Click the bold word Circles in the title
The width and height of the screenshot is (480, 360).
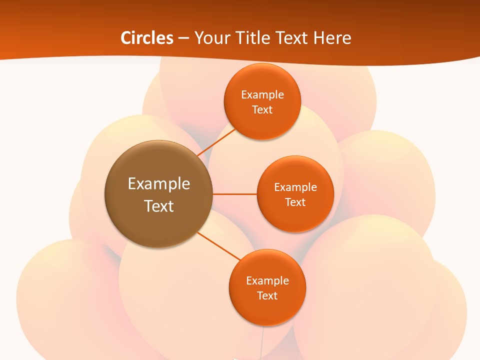point(146,38)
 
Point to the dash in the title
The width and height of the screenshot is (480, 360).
point(183,38)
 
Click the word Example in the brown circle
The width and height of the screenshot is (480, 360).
point(159,184)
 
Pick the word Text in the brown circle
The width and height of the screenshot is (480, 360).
point(159,206)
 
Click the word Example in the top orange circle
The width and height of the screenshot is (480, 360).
point(262,95)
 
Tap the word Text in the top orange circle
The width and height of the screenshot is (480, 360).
point(262,110)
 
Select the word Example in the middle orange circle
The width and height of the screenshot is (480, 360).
point(295,187)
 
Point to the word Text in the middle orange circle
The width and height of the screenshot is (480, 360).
point(295,202)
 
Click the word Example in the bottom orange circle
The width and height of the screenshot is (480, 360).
point(267,281)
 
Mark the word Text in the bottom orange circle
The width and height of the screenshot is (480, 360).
point(267,296)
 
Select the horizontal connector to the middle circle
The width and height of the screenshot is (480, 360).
point(234,194)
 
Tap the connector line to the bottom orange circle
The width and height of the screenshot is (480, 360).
point(219,246)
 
